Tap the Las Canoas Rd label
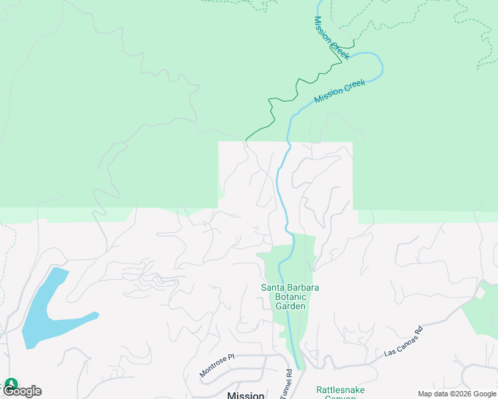pos(403,340)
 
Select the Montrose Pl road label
pos(218,366)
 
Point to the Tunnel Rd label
pos(288,381)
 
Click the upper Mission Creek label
pos(331,38)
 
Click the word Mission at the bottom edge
pos(246,395)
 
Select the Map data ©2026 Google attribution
pos(457,394)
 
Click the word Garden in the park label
pos(290,307)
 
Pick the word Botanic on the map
pos(290,297)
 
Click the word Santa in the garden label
pos(272,287)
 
